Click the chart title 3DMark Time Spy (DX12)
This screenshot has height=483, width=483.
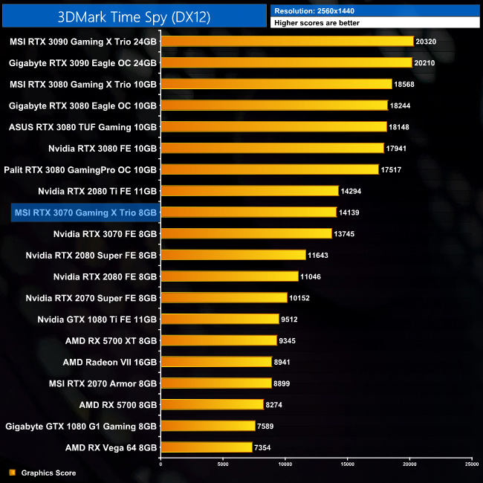pos(134,15)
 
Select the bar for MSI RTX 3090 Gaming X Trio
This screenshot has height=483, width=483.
pos(287,41)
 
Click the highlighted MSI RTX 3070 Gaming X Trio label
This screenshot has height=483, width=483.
pos(85,213)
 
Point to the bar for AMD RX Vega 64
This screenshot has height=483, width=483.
pos(207,447)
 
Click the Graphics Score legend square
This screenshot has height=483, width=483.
pos(12,473)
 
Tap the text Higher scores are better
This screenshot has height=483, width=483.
pos(319,23)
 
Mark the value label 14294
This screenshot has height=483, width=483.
pos(351,191)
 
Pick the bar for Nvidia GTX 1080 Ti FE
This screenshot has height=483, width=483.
pos(220,320)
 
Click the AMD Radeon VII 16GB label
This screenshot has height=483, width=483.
pos(110,362)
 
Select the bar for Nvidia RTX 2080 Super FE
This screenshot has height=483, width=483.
pos(233,255)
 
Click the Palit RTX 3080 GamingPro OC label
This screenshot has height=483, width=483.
pos(80,169)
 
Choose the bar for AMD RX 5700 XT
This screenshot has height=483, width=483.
pos(218,340)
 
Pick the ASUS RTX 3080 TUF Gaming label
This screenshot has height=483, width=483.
pos(83,127)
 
